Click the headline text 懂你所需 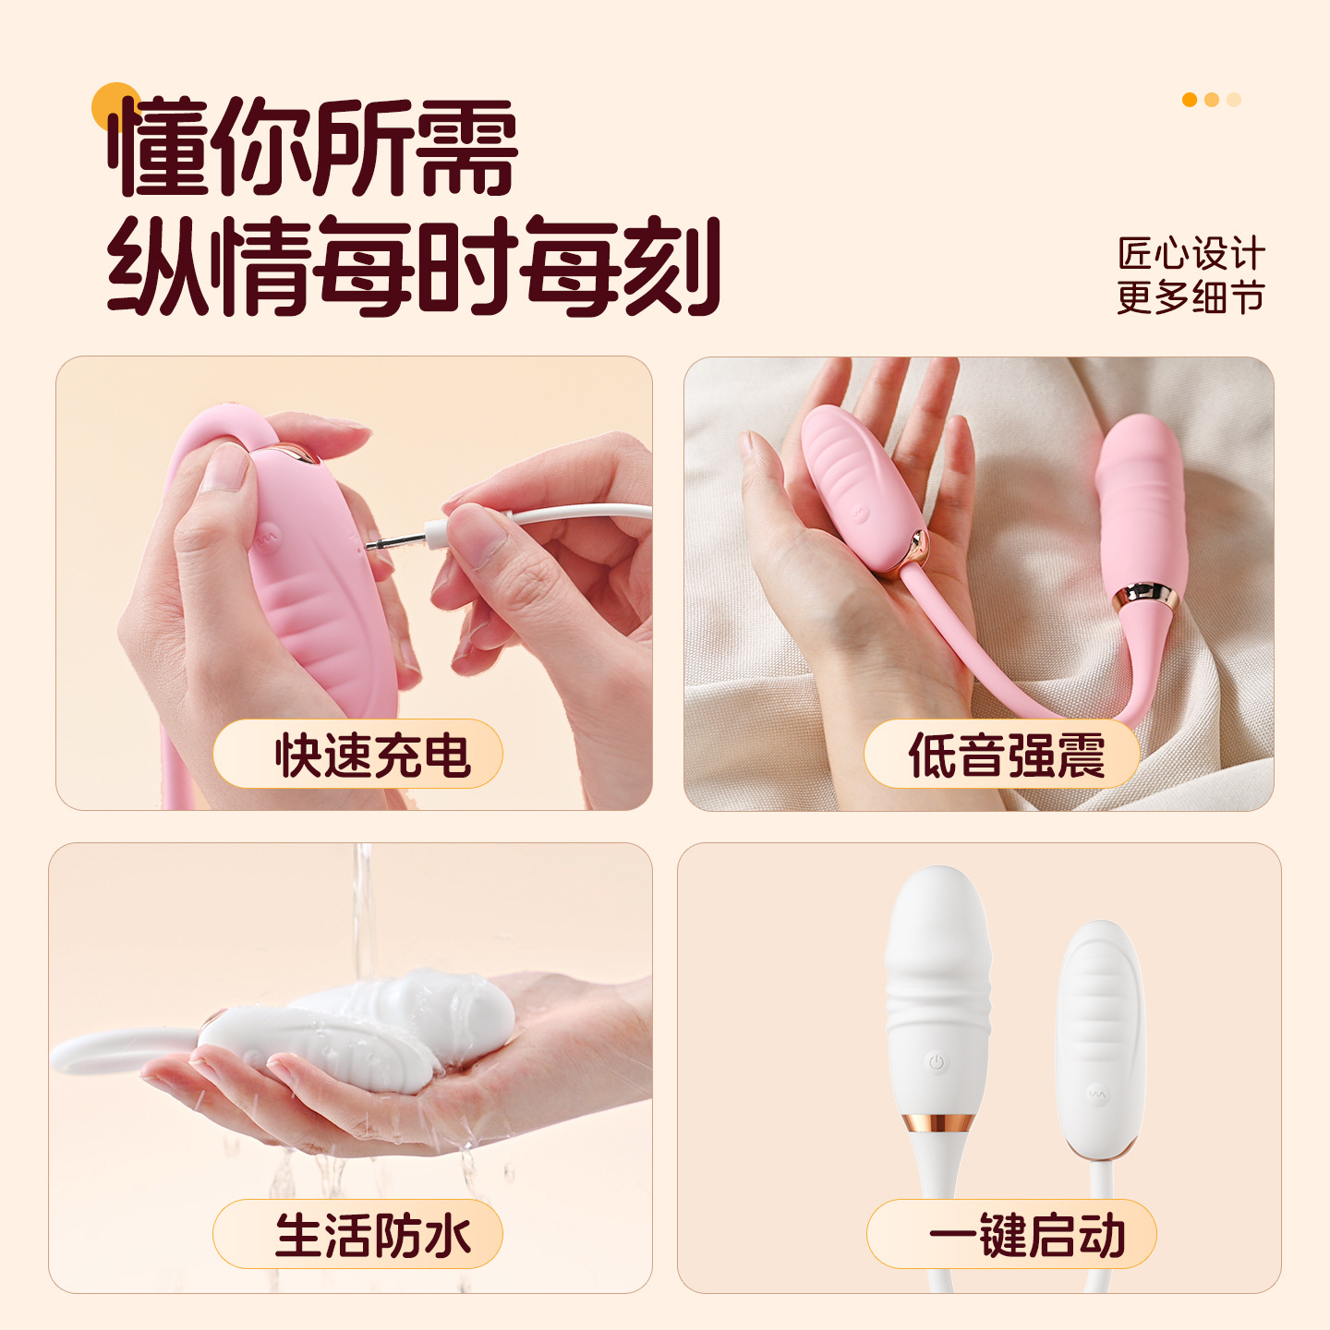[x=313, y=146]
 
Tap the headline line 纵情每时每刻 [x=414, y=266]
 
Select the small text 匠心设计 [x=1191, y=253]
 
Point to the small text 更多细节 [x=1191, y=297]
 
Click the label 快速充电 [x=373, y=756]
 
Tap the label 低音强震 [x=1007, y=756]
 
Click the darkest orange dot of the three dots [x=1190, y=100]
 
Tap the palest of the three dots [x=1234, y=100]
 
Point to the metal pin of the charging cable [x=394, y=542]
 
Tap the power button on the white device [x=936, y=1062]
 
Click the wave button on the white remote [x=1096, y=1094]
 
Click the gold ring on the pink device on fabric [x=1145, y=596]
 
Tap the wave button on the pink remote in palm [x=860, y=514]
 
